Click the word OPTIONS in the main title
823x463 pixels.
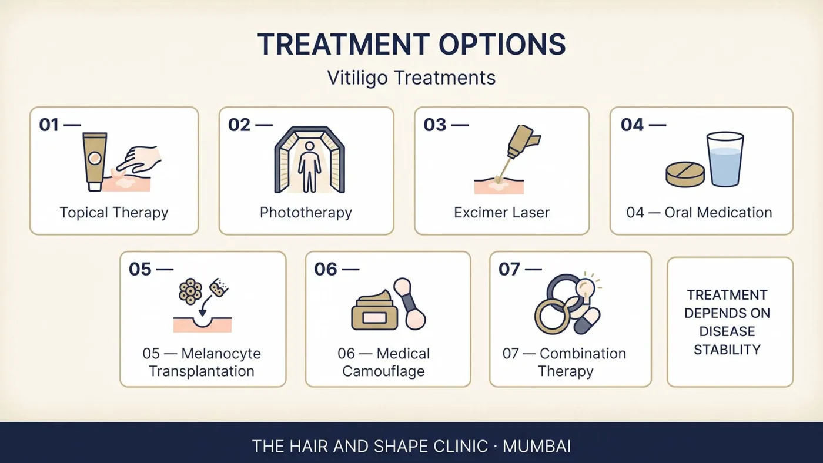click(502, 45)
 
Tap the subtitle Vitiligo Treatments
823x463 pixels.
click(411, 78)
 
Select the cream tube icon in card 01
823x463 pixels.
click(95, 162)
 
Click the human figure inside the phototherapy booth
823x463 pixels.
click(309, 167)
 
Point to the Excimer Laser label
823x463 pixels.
click(501, 213)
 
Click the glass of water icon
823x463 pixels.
click(725, 159)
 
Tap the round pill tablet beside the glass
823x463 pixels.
click(685, 175)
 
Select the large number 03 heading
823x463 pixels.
click(435, 125)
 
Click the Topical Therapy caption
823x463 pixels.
click(114, 213)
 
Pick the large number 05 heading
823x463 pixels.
click(140, 269)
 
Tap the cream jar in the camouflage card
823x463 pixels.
click(374, 310)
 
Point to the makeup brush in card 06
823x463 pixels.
click(410, 304)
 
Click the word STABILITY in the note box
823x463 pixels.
click(727, 350)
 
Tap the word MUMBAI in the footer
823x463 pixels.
click(537, 447)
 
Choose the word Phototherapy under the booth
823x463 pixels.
click(306, 213)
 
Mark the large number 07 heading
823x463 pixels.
click(510, 269)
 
